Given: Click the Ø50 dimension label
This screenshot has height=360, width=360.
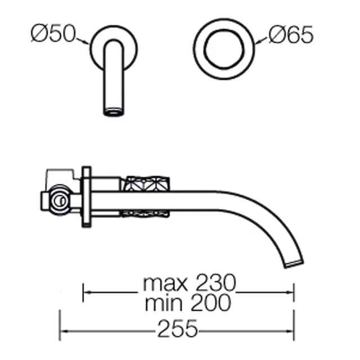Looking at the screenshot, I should pyautogui.click(x=53, y=35).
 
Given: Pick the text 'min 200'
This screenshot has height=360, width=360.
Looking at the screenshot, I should pyautogui.click(x=187, y=303).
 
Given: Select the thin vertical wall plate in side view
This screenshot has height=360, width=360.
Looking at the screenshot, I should pyautogui.click(x=86, y=196).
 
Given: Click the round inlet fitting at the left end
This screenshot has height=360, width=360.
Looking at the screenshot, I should pyautogui.click(x=56, y=201).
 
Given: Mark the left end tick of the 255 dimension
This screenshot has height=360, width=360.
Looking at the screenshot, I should pyautogui.click(x=61, y=328).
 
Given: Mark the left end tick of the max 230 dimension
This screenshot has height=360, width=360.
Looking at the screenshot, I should pyautogui.click(x=84, y=292).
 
